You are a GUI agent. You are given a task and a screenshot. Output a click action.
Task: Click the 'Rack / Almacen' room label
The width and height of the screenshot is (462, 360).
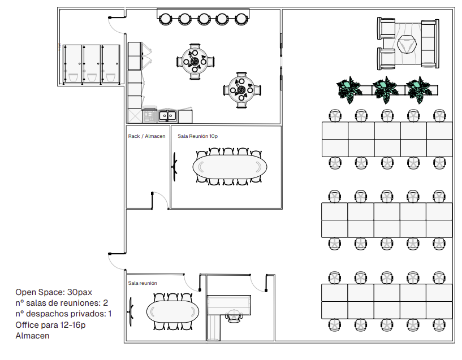146,136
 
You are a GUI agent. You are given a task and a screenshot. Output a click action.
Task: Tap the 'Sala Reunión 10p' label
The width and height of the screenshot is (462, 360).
197,136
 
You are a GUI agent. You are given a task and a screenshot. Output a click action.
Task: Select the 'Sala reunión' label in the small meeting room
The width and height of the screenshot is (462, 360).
143,283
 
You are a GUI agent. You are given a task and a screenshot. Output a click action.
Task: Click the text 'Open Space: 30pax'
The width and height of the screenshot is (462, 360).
54,292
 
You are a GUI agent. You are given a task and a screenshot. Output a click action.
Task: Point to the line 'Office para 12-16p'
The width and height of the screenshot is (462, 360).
50,324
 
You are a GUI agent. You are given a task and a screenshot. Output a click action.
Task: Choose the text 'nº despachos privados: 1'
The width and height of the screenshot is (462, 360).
64,314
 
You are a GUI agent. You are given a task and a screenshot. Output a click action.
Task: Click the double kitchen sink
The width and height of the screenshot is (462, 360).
167,116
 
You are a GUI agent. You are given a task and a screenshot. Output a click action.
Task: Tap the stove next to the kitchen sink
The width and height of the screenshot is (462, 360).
150,115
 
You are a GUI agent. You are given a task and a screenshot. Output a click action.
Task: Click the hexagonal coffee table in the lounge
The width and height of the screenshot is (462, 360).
407,45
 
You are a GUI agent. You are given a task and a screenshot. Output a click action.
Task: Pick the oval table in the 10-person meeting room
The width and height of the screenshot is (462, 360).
230,167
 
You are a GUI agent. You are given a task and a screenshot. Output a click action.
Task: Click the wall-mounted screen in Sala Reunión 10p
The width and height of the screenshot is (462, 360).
174,167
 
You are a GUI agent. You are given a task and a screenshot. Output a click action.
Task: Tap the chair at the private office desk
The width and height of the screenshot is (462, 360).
234,316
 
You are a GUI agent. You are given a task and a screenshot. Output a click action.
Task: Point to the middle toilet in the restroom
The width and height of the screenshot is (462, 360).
92,77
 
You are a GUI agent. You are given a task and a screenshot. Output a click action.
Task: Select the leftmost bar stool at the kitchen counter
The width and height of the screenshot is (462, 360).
165,19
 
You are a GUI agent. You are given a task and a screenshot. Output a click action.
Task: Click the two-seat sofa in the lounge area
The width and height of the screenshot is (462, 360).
430,44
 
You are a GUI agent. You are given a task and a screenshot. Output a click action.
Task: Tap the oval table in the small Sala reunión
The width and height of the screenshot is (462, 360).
172,311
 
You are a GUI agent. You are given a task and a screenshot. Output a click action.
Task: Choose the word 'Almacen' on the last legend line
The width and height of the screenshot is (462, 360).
32,336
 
